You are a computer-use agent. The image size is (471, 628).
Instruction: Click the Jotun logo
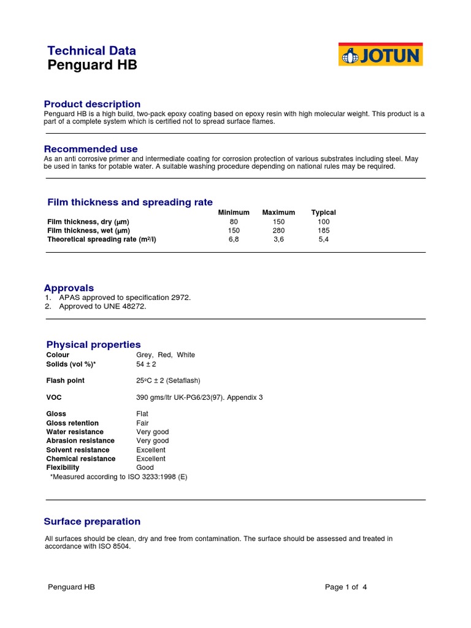point(380,55)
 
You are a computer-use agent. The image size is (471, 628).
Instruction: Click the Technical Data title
point(91,51)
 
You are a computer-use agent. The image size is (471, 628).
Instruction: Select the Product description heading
point(92,104)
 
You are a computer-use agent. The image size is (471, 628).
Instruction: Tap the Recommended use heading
point(91,149)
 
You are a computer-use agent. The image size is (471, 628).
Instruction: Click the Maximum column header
point(278,212)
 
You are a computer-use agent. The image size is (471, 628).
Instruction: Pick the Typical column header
point(323,212)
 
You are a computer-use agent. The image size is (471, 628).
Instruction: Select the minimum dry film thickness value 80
point(234,221)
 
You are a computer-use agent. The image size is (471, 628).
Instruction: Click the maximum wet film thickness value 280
point(278,231)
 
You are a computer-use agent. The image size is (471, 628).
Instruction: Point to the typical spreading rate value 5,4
point(323,240)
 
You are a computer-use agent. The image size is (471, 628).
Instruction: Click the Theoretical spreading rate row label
point(101,240)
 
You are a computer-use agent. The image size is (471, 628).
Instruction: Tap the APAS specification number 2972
point(181,297)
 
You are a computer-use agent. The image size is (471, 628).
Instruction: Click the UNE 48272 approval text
point(126,307)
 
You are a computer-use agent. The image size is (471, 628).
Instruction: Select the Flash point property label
point(66,381)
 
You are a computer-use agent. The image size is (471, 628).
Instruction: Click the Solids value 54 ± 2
point(147,364)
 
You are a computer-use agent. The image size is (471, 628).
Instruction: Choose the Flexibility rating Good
point(145,467)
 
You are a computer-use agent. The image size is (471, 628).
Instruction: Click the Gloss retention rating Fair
point(142,423)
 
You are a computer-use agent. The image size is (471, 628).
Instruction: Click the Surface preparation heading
point(92,522)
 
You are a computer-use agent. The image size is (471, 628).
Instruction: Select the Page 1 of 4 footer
point(346,587)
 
